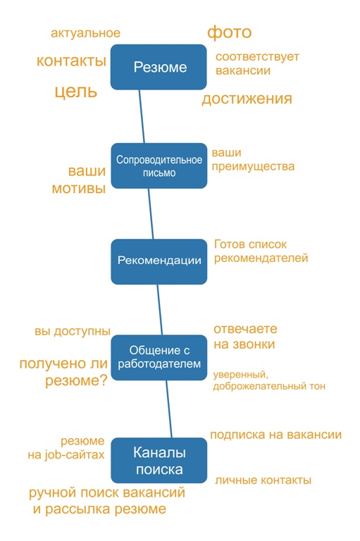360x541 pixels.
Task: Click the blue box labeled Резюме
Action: click(x=159, y=67)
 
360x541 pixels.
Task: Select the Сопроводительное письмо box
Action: click(x=159, y=166)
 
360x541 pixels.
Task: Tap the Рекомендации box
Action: click(x=159, y=261)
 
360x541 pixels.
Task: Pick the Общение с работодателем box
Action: click(x=159, y=357)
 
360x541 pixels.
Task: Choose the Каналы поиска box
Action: click(x=159, y=460)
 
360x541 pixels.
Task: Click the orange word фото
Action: click(x=229, y=33)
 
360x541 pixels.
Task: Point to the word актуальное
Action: click(x=86, y=33)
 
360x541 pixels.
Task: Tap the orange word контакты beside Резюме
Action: click(x=71, y=61)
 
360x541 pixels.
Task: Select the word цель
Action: click(x=76, y=92)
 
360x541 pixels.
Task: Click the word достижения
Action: click(x=247, y=99)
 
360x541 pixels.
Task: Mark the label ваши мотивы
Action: click(x=79, y=180)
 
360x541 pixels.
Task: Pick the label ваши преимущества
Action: click(x=253, y=159)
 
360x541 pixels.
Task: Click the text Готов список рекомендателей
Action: click(x=261, y=251)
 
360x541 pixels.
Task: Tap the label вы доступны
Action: click(x=73, y=331)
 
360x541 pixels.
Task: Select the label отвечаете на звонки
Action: click(x=245, y=337)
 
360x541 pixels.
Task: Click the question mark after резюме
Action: click(x=104, y=380)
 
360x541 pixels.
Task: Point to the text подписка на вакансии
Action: click(x=275, y=435)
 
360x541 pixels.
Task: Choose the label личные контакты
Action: click(x=263, y=480)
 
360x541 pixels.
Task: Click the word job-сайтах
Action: click(x=74, y=455)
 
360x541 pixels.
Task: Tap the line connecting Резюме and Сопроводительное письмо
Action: click(x=142, y=117)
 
